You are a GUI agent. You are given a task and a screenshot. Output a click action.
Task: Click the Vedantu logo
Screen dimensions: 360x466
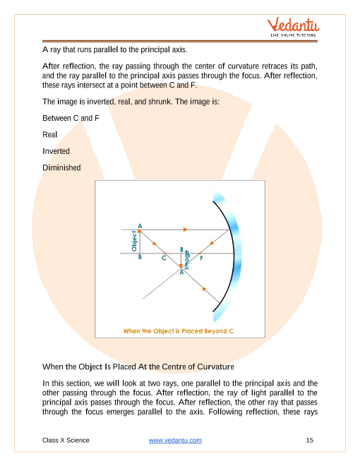click(292, 27)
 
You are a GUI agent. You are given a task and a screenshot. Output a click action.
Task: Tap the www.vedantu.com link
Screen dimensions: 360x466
click(175, 440)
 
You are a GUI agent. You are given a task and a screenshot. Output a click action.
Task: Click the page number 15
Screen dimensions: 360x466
click(309, 440)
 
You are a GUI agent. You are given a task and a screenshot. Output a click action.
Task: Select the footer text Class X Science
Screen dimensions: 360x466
click(66, 440)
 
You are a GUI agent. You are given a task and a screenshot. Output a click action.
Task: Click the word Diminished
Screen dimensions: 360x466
click(61, 167)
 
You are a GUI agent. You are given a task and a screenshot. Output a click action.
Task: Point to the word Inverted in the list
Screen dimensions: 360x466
click(56, 151)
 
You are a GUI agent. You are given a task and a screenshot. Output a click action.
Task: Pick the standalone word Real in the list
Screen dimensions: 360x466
click(49, 135)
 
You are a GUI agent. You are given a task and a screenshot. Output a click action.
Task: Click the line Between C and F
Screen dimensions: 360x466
click(71, 118)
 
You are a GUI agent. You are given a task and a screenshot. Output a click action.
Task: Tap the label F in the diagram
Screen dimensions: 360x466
click(201, 258)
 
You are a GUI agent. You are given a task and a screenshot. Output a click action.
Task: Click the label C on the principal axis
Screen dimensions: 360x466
click(164, 258)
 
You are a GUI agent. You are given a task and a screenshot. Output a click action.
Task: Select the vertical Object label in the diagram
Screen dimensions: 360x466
click(134, 241)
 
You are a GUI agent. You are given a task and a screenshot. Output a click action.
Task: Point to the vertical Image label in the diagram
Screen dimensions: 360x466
click(186, 260)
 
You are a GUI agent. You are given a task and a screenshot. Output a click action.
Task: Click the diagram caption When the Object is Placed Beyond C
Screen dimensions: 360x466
click(179, 331)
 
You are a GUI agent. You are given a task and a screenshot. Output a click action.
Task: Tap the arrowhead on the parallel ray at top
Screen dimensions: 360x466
click(185, 229)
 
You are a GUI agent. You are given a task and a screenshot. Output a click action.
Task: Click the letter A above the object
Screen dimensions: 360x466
click(140, 226)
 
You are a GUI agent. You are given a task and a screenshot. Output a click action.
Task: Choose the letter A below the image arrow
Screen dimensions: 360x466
click(181, 272)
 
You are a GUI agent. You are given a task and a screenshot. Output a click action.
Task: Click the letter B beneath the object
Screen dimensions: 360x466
click(140, 256)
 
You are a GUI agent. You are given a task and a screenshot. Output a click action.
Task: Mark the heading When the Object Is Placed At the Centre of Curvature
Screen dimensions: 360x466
click(138, 366)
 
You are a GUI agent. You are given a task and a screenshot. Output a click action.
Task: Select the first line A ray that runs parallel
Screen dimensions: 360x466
click(114, 49)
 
